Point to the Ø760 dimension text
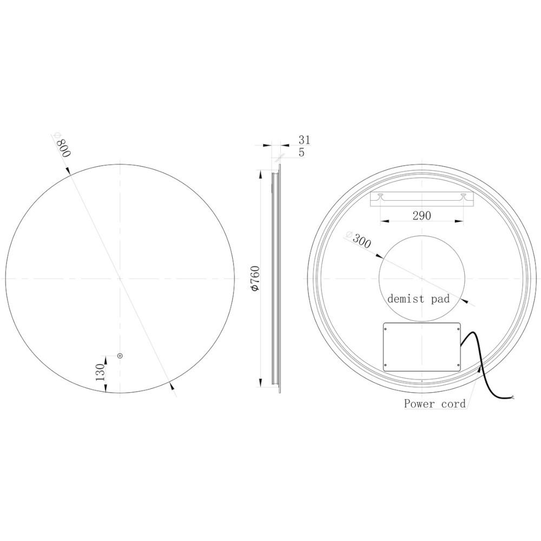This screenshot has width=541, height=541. pos(256,278)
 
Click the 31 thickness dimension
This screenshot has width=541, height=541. pos(305,140)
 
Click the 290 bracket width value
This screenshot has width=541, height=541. pos(421,215)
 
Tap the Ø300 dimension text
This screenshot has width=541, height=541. pos(359,240)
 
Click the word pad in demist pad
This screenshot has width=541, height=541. pos(441,299)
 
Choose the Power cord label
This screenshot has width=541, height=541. pos(434,404)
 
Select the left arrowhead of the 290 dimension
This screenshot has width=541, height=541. pos(383,221)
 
